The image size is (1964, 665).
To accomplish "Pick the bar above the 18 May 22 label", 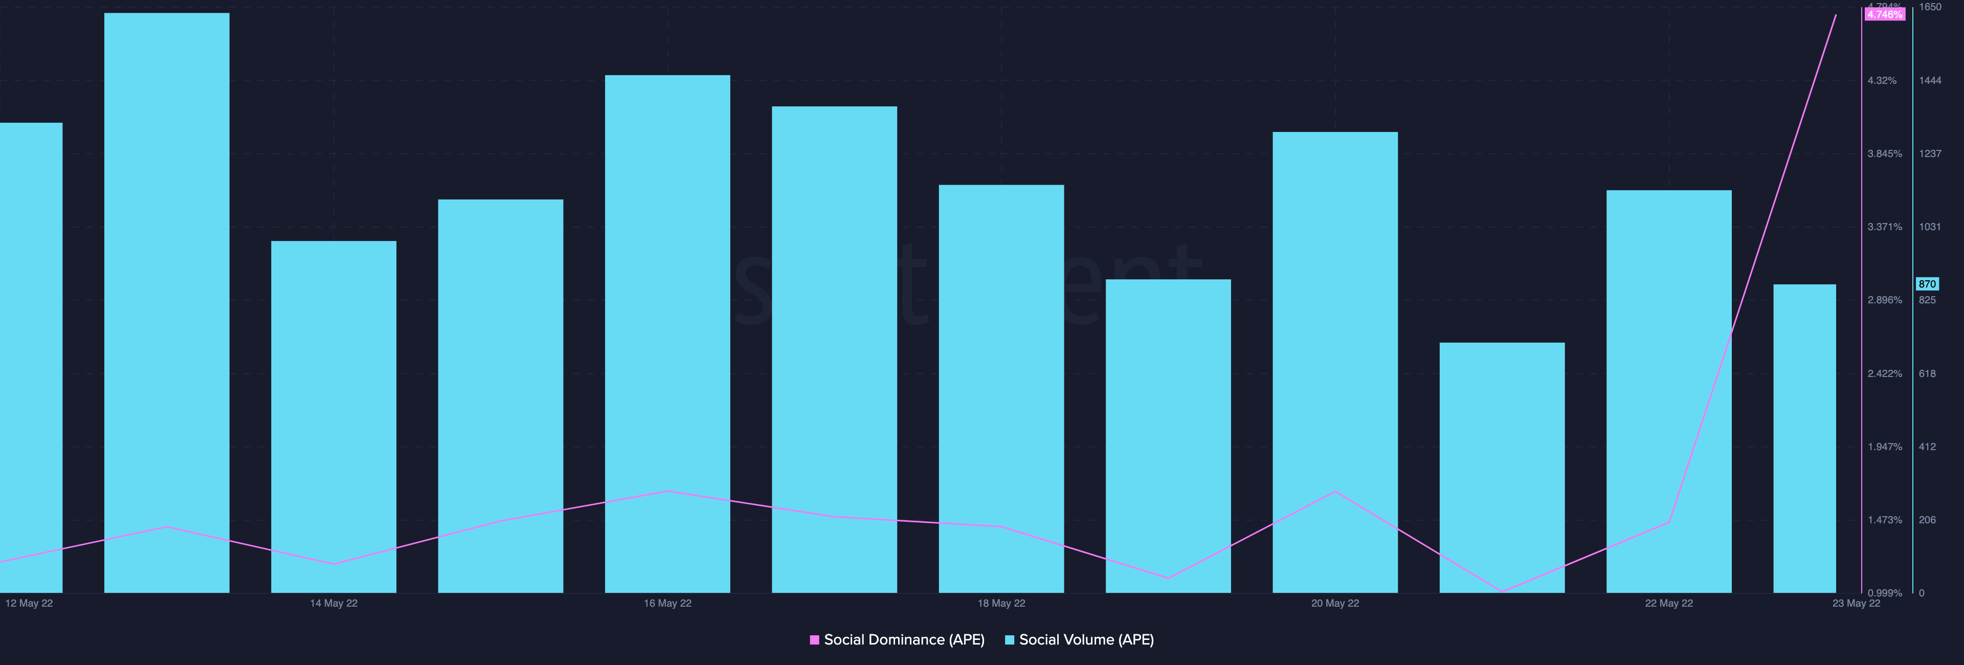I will pyautogui.click(x=1001, y=388).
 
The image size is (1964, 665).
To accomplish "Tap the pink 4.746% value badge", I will pyautogui.click(x=1884, y=14).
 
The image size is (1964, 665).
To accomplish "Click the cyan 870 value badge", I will pyautogui.click(x=1927, y=284).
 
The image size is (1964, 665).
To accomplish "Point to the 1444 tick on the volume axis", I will pyautogui.click(x=1930, y=80).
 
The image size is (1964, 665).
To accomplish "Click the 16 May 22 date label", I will pyautogui.click(x=667, y=603).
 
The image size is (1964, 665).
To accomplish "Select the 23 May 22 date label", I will pyautogui.click(x=1856, y=603).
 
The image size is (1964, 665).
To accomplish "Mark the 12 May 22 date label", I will pyautogui.click(x=29, y=603).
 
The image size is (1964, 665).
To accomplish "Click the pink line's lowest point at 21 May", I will pyautogui.click(x=1502, y=591).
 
